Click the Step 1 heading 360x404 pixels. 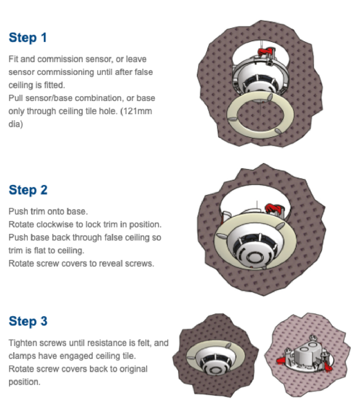(x=28, y=38)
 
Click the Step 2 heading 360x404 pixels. (x=28, y=190)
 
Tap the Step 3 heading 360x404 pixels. (x=28, y=321)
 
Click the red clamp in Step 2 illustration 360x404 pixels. (x=274, y=208)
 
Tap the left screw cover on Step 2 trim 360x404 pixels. (x=221, y=235)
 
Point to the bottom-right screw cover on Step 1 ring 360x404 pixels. (x=278, y=131)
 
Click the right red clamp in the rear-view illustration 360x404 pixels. (x=328, y=367)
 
